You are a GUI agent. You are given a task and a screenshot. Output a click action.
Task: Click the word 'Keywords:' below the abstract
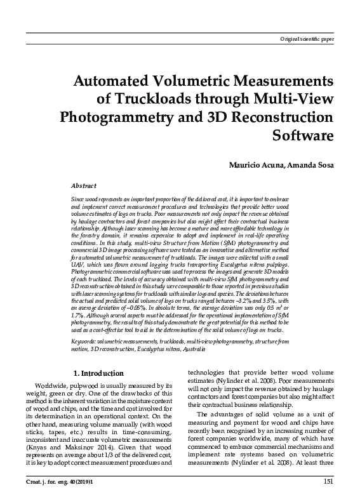click(x=85, y=342)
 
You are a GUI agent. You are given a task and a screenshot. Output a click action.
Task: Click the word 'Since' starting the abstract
click(x=79, y=199)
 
